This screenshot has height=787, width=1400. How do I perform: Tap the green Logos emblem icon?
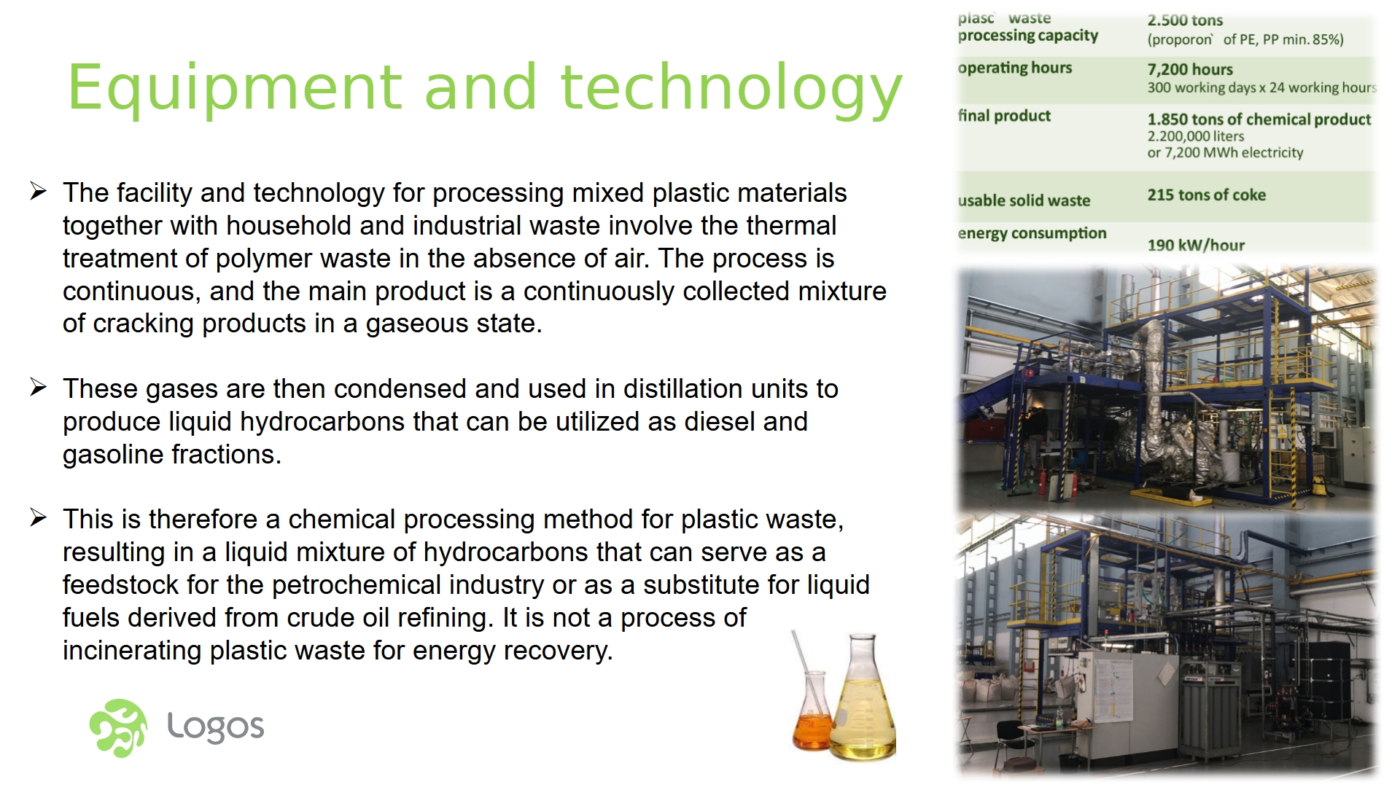118,728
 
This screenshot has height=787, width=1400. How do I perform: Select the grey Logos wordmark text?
216,727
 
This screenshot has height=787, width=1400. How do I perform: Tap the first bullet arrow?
39,192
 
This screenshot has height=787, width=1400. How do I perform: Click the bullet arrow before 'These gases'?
39,388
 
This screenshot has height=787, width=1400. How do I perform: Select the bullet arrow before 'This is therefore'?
39,518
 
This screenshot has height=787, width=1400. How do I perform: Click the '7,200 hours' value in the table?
1190,69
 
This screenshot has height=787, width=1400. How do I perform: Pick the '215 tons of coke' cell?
1207,195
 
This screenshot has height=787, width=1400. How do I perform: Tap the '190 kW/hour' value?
1196,245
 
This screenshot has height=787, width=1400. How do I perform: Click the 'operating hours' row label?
1015,68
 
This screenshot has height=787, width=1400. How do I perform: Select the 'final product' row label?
1004,116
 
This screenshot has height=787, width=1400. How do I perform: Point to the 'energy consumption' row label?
1032,233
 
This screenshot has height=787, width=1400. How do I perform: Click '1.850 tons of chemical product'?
1259,120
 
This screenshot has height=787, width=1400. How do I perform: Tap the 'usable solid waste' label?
1024,200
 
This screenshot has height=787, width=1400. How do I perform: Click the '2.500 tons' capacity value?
1185,20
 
